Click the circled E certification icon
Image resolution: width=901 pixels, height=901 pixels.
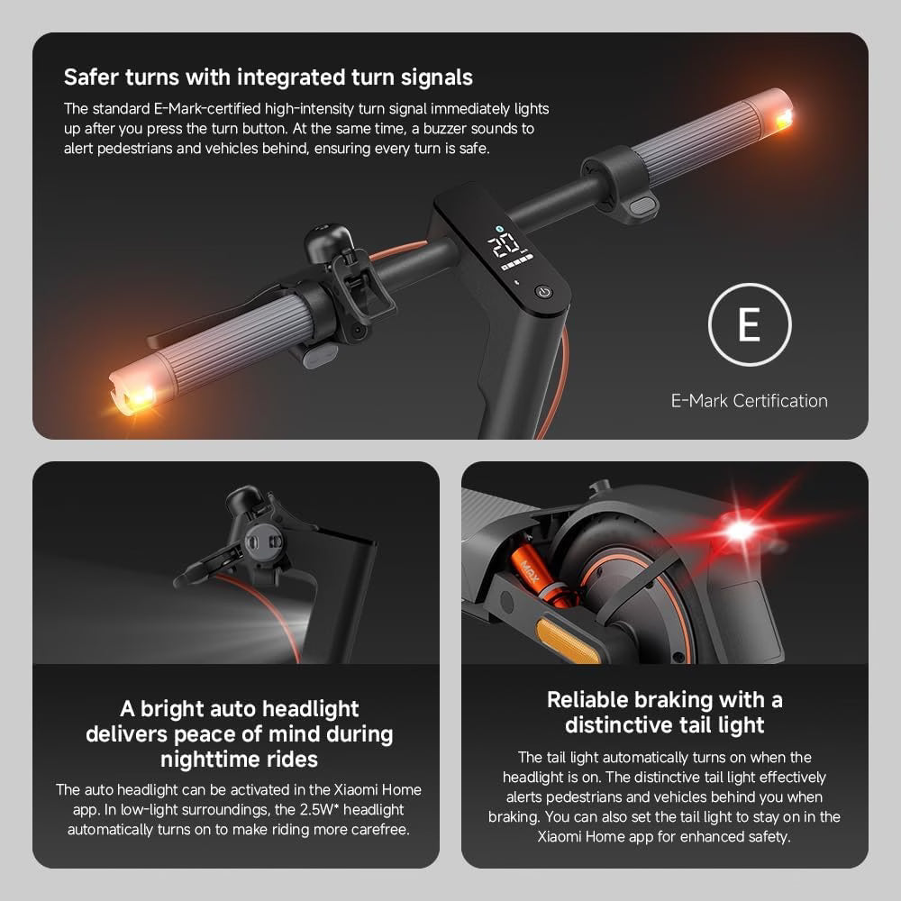click(x=749, y=325)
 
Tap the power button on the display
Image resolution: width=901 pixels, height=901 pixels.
click(x=542, y=292)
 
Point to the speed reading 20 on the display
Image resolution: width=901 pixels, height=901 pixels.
click(x=503, y=243)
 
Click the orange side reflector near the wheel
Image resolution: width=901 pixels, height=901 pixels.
click(x=568, y=641)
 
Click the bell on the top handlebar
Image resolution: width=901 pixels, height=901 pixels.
click(x=318, y=243)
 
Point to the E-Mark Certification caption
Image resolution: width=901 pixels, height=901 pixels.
click(x=749, y=401)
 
